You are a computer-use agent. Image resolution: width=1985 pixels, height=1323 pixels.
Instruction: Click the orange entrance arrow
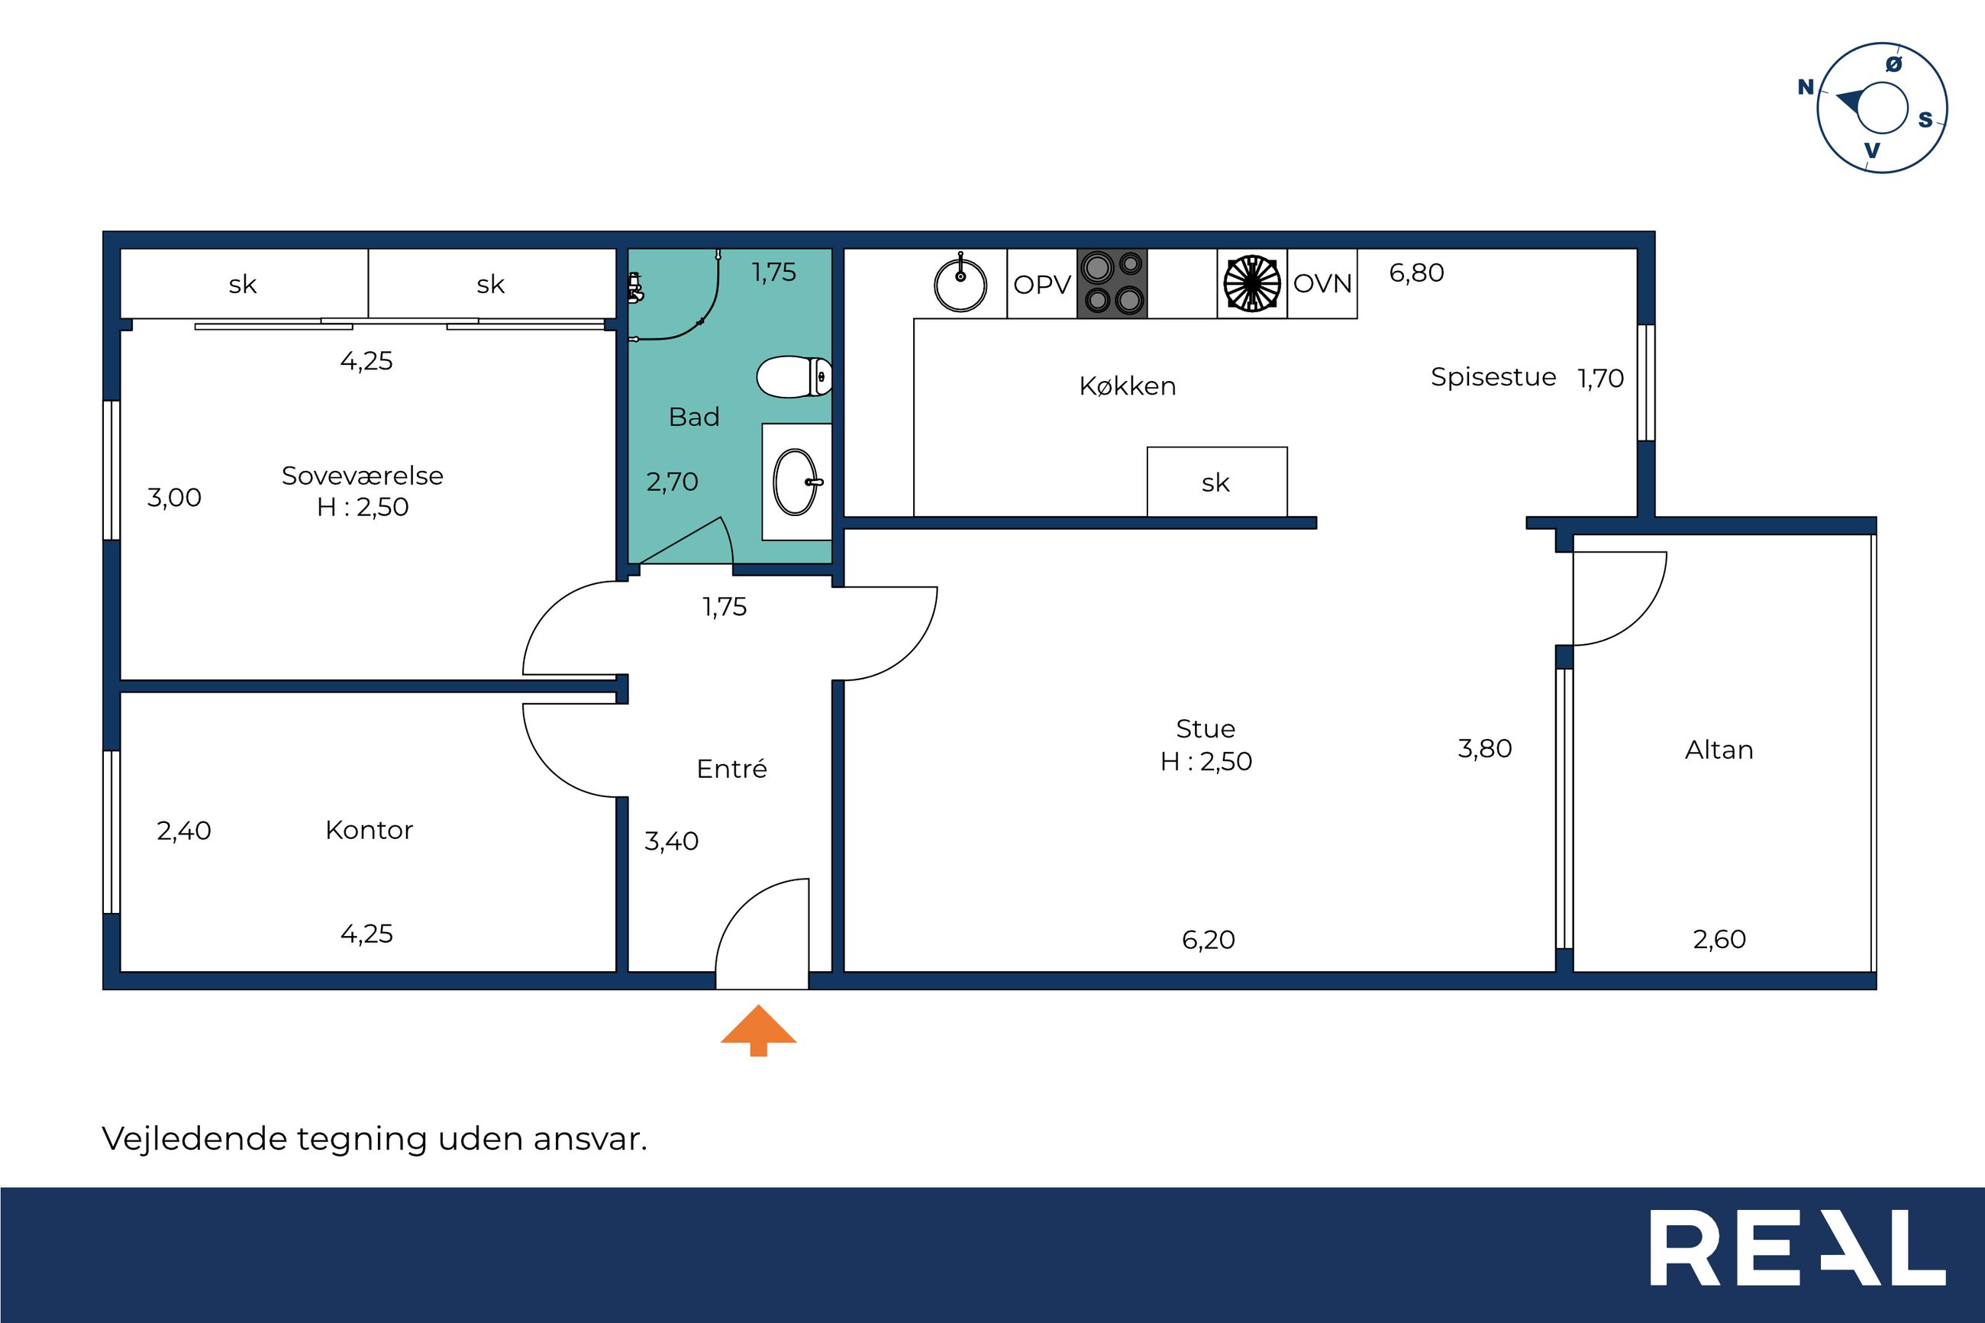[x=758, y=1029]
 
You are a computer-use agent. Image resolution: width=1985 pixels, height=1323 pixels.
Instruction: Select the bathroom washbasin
[x=796, y=482]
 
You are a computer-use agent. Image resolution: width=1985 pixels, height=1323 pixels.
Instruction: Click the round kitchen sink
[x=960, y=283]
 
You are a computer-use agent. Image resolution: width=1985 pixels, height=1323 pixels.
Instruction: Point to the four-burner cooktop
[x=1112, y=283]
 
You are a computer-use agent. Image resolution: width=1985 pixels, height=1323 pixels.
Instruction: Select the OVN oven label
[x=1322, y=284]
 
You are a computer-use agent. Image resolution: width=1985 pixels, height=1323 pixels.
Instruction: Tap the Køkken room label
[x=1127, y=386]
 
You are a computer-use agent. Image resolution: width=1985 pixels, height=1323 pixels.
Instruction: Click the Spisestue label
[x=1493, y=377]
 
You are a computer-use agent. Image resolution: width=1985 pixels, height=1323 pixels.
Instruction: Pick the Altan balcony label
[x=1719, y=750]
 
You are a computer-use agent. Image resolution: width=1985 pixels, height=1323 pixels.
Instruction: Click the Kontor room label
[x=369, y=831]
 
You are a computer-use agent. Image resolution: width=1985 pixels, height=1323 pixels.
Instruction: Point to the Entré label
[x=731, y=769]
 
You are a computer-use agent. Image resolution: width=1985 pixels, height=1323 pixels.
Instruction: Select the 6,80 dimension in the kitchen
[x=1416, y=273]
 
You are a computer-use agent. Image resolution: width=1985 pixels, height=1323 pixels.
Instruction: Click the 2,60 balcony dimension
[x=1719, y=939]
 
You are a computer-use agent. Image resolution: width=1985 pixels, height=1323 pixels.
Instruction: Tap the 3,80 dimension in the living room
[x=1485, y=748]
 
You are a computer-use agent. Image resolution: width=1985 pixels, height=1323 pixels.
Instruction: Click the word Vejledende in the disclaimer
[x=194, y=1139]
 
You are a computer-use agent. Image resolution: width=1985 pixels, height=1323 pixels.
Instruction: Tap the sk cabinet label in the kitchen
[x=1215, y=483]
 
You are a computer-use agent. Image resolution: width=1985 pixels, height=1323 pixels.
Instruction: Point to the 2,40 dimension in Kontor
[x=184, y=832]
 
